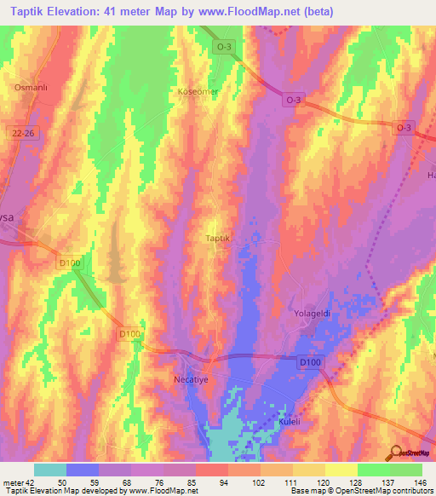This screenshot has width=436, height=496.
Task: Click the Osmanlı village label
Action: click(29, 87)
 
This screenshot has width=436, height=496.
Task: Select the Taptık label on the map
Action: click(219, 238)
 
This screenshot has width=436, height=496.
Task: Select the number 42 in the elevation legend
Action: click(29, 483)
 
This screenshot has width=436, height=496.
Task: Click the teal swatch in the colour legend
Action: click(50, 470)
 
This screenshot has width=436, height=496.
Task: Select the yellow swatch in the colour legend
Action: click(341, 470)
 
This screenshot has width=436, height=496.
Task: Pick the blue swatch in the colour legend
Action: click(83, 470)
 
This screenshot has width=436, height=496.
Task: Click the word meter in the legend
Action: click(13, 483)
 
